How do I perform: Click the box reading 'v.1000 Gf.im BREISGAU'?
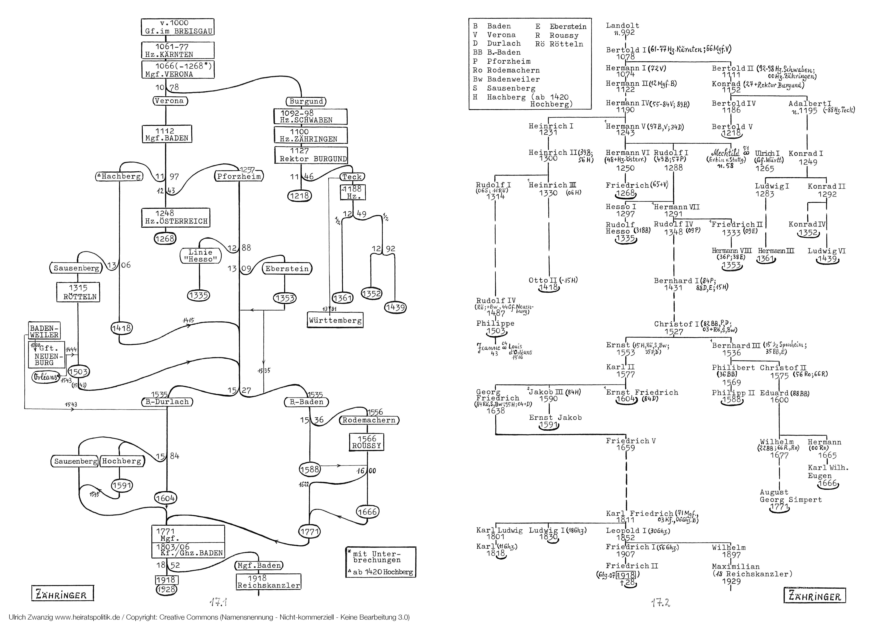pos(178,27)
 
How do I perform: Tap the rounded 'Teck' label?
pos(352,177)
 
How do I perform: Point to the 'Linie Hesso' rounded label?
pos(200,256)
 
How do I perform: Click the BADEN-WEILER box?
pos(44,331)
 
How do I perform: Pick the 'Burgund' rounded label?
pos(306,102)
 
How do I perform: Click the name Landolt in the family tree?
pos(622,26)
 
